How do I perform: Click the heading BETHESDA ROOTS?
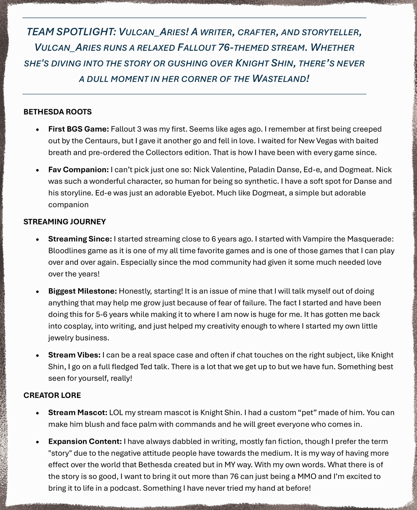pyautogui.click(x=57, y=112)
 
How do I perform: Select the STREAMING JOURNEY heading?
pyautogui.click(x=65, y=222)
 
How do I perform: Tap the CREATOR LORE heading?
pyautogui.click(x=52, y=396)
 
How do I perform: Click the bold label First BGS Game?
pyautogui.click(x=79, y=129)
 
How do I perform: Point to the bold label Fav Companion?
pyautogui.click(x=79, y=170)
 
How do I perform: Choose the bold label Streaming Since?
pyautogui.click(x=80, y=239)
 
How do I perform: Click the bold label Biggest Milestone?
pyautogui.click(x=82, y=291)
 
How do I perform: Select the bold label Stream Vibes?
pyautogui.click(x=74, y=355)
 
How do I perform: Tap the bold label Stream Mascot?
pyautogui.click(x=78, y=413)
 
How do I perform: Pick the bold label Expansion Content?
pyautogui.click(x=85, y=442)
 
